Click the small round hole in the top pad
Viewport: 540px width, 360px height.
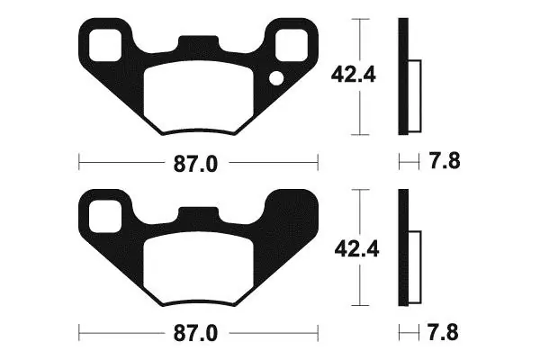(x=276, y=78)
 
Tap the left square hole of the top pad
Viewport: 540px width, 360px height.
(x=105, y=46)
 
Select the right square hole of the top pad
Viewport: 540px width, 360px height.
(x=292, y=45)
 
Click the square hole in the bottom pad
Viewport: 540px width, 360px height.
(x=105, y=216)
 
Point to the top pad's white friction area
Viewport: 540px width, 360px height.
(x=199, y=98)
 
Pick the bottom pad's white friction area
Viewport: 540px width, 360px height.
(x=199, y=269)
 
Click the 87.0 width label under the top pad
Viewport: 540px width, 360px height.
(x=195, y=164)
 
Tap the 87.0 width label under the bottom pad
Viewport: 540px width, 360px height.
(x=195, y=334)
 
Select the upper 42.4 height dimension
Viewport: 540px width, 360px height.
(x=354, y=75)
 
